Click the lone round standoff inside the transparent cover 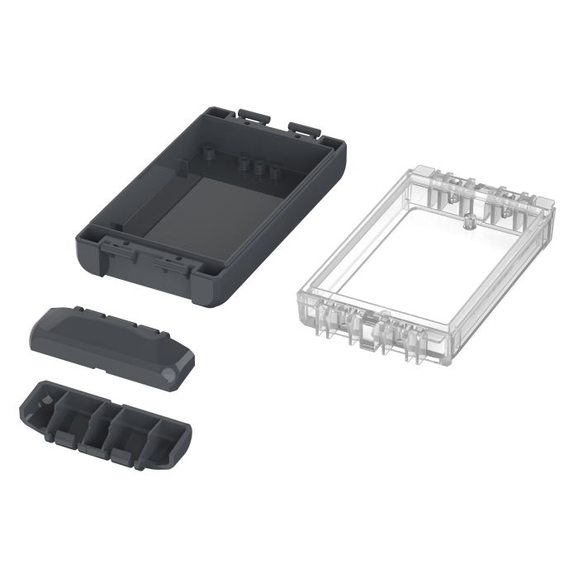click(468, 220)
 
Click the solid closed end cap click(107, 339)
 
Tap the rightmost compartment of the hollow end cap click(165, 433)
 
